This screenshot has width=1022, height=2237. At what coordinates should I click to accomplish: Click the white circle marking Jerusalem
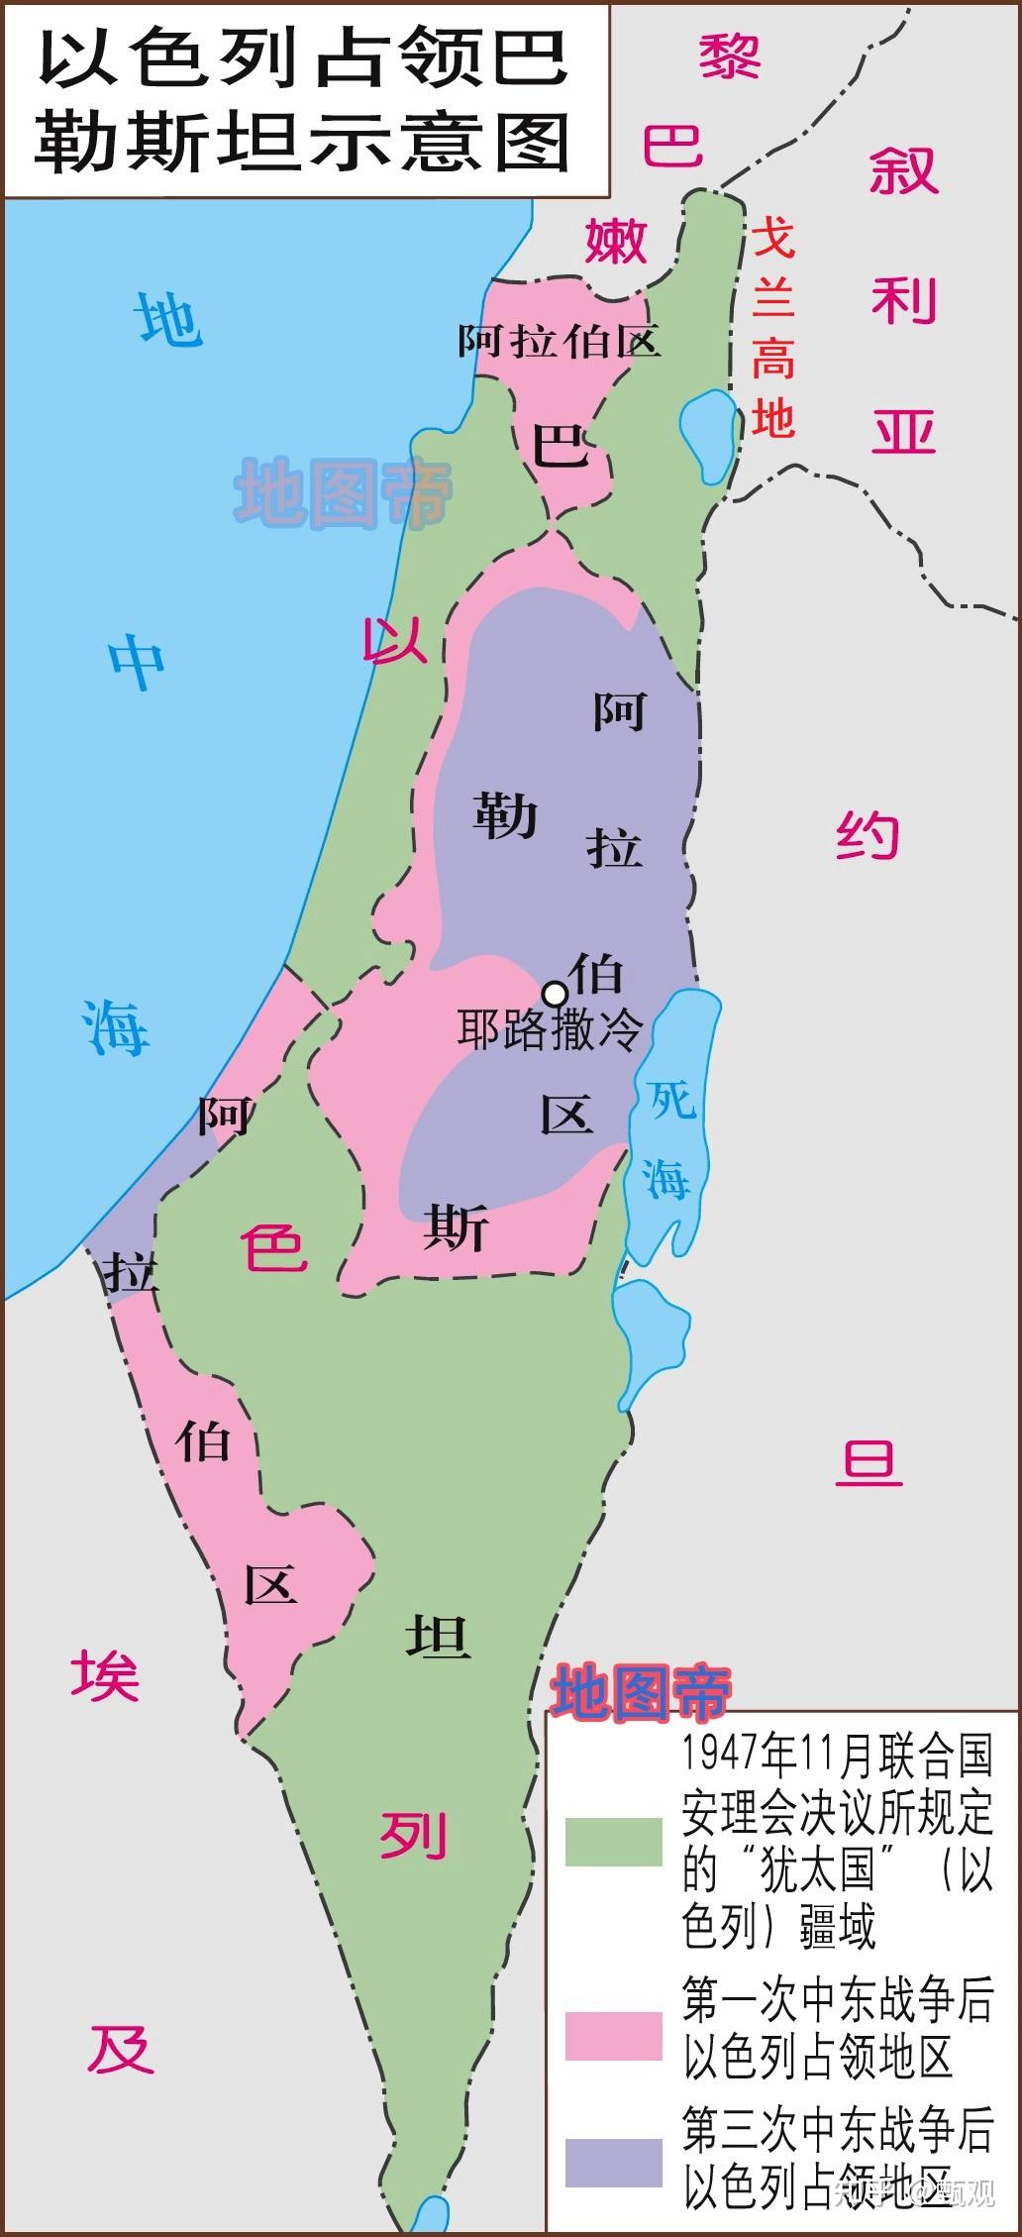(556, 992)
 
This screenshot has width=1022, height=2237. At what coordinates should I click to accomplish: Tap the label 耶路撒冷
(550, 1030)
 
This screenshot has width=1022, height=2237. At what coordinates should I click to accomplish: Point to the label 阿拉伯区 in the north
(559, 342)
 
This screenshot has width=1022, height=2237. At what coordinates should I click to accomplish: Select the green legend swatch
(613, 1842)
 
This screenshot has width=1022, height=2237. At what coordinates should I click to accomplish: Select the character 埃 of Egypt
(105, 1674)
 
